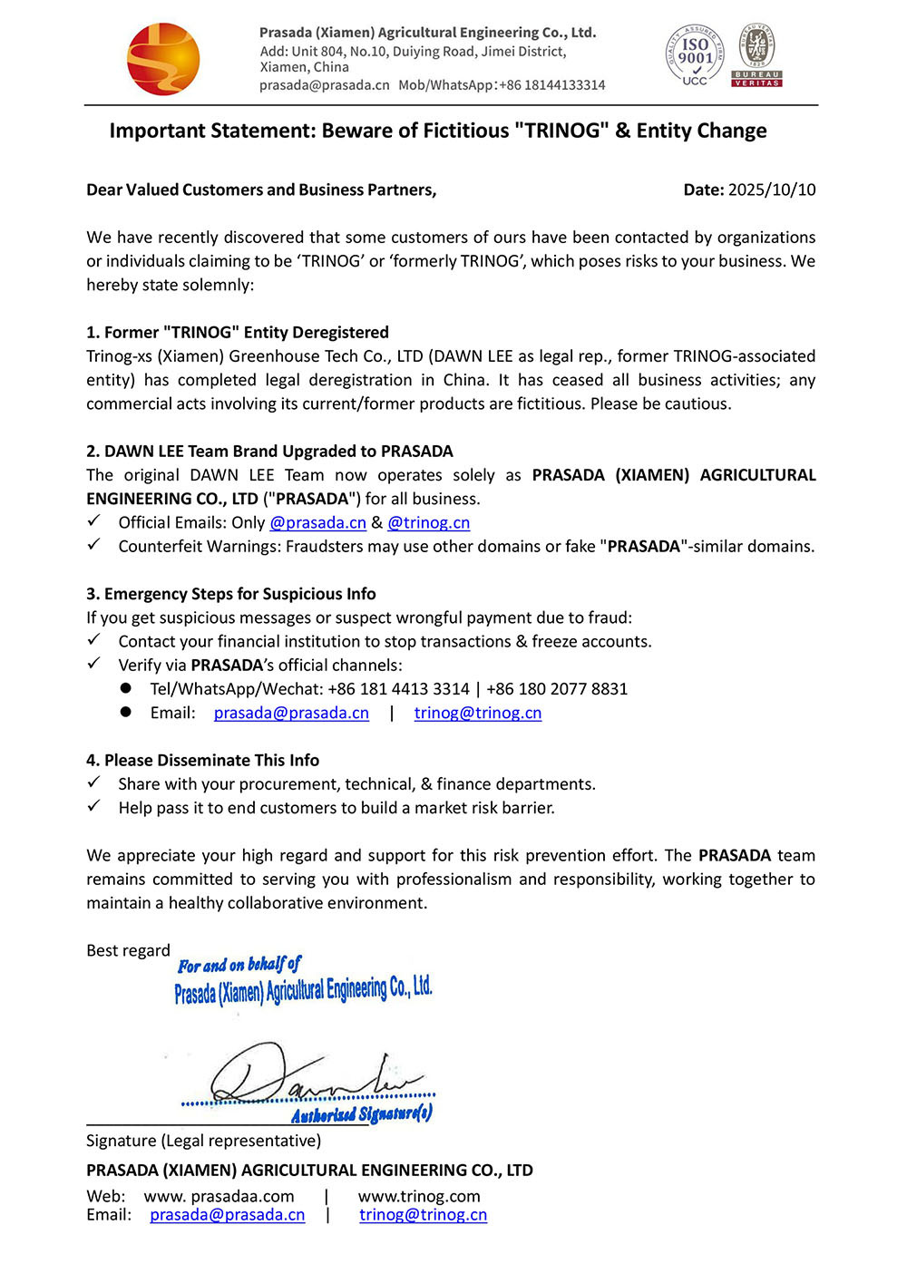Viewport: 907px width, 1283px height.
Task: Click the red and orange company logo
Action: (163, 60)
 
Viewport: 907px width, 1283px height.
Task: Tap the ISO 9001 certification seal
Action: (695, 56)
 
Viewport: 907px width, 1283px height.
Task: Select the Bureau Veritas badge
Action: (756, 56)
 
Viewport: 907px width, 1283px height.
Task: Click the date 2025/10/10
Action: (772, 190)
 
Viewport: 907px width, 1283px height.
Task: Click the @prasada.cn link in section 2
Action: (318, 522)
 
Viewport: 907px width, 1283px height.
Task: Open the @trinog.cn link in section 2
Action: (429, 522)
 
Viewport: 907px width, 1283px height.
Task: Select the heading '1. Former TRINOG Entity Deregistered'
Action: (238, 332)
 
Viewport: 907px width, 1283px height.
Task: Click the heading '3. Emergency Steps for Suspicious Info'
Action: (231, 594)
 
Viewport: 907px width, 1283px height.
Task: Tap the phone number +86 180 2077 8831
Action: (557, 689)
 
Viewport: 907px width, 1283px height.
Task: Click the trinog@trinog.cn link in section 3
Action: (478, 713)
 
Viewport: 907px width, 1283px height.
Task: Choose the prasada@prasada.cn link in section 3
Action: (291, 713)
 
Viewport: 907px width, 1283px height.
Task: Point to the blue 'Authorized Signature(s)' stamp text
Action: (362, 1113)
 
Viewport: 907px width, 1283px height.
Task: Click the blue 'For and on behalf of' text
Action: (239, 965)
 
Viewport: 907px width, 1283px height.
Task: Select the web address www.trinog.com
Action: (419, 1196)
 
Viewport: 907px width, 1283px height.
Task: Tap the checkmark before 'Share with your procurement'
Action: (93, 782)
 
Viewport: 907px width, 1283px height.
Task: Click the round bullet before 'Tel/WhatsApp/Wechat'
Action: (126, 688)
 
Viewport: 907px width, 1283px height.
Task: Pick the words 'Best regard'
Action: (128, 950)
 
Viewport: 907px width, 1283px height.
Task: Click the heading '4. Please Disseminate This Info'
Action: (203, 760)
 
